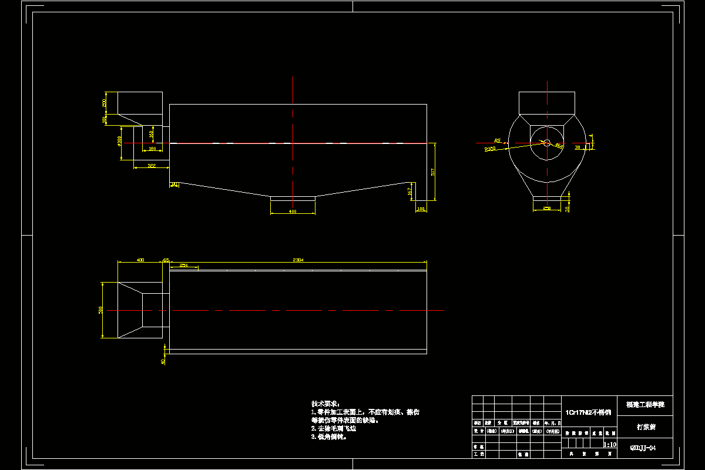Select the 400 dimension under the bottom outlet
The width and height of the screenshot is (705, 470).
(293, 211)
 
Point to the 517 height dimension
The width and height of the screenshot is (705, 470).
(433, 172)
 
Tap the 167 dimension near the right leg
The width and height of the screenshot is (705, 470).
(409, 191)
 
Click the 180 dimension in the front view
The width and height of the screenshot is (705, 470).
(152, 149)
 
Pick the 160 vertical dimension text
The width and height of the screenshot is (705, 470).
(152, 134)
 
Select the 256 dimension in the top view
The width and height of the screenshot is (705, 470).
(183, 266)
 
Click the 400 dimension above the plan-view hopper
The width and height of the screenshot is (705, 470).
(140, 259)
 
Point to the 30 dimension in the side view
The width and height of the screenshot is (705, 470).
(578, 147)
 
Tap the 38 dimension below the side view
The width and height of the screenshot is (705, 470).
(566, 209)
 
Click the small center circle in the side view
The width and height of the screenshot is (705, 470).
(546, 143)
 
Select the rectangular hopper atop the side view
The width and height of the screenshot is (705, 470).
(546, 103)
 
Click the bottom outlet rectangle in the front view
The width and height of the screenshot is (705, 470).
(293, 199)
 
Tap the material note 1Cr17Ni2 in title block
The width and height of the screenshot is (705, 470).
(588, 412)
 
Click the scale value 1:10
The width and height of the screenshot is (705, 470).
(610, 445)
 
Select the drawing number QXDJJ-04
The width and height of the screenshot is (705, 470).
(642, 448)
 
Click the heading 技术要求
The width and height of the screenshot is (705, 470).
(325, 404)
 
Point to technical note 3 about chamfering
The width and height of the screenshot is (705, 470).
(330, 437)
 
